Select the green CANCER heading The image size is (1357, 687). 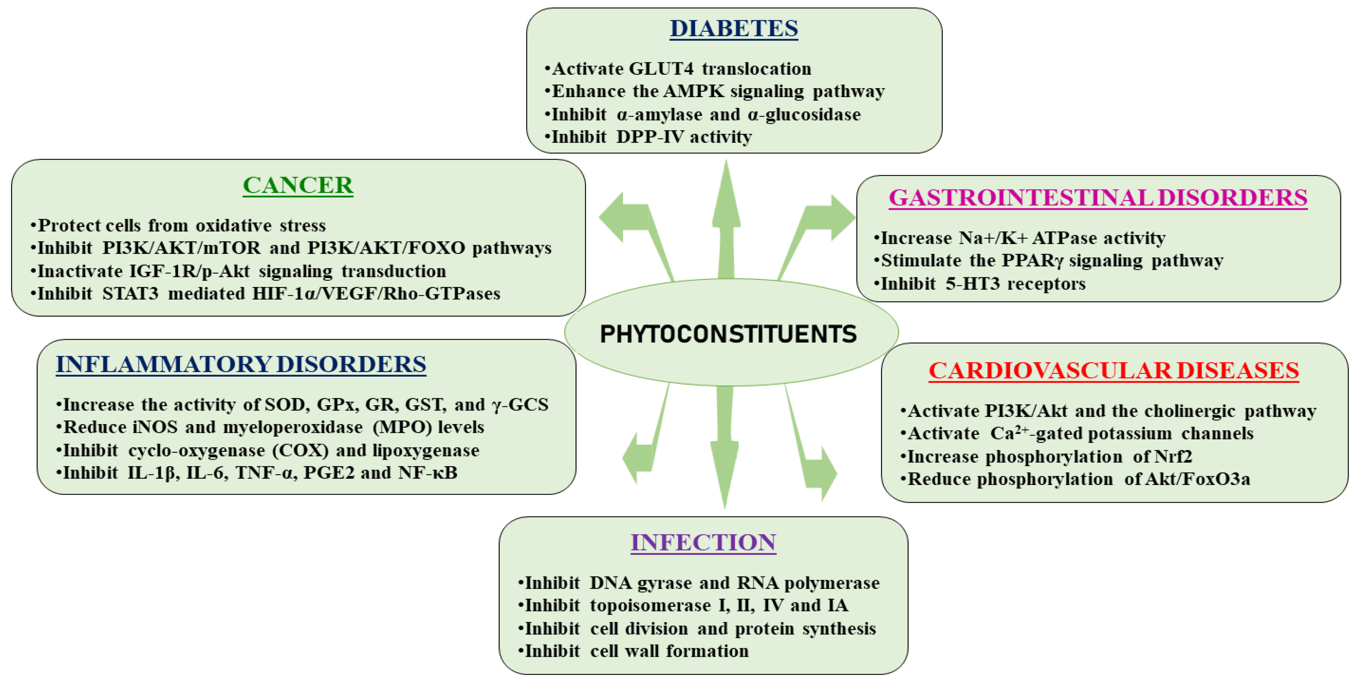(x=298, y=185)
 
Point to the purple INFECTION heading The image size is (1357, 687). (x=703, y=543)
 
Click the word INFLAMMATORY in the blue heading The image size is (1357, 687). (x=163, y=365)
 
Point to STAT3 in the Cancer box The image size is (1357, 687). (x=130, y=294)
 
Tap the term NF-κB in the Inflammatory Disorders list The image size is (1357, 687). (x=427, y=473)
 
